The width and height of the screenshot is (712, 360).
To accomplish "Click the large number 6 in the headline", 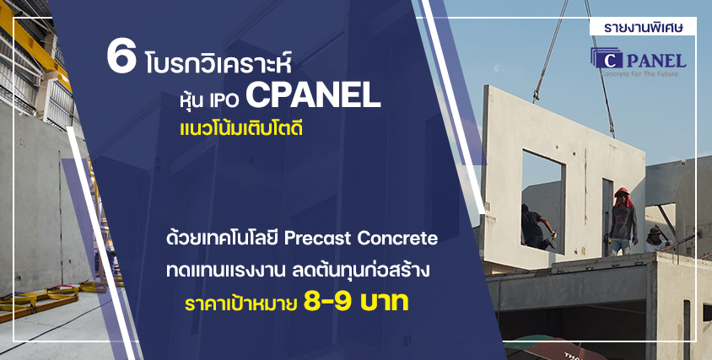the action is click(x=121, y=58).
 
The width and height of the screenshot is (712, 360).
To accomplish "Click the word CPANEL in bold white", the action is click(x=313, y=96).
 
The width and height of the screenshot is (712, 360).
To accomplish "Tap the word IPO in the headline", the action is click(x=224, y=99).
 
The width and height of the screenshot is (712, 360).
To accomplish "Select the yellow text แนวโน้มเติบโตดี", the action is click(x=241, y=129).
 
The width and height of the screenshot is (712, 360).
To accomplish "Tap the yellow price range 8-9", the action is click(x=327, y=304).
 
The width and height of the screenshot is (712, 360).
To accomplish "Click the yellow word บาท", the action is click(x=384, y=304).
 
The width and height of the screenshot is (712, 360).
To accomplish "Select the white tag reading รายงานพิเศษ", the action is click(x=643, y=27).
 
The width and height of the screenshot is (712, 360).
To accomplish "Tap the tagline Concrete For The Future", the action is click(x=639, y=73).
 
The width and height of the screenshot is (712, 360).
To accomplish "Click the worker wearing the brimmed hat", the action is click(x=655, y=238).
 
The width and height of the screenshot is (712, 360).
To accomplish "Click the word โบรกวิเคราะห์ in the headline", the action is click(x=218, y=64).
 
